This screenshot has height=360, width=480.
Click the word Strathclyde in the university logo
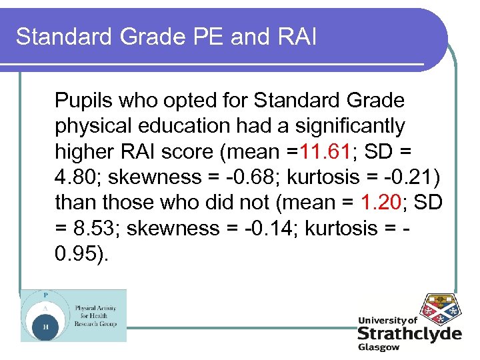[409, 334]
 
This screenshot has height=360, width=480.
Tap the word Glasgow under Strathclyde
[379, 347]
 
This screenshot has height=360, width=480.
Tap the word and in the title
[247, 37]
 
